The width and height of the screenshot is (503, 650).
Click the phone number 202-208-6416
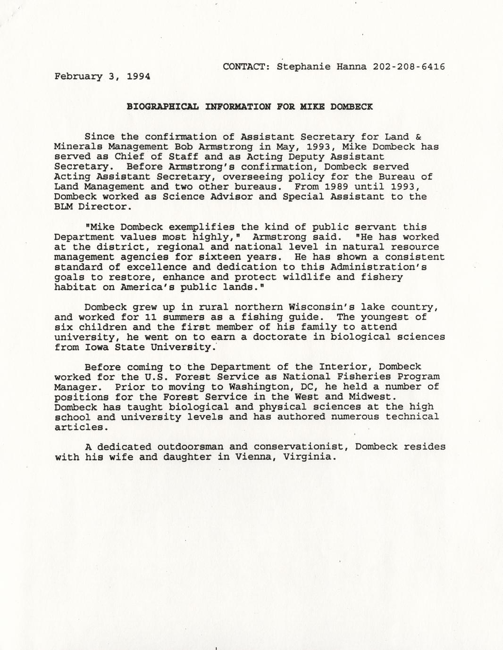point(409,66)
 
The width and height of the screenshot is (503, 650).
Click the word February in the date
point(78,76)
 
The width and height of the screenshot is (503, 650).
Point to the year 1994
point(139,76)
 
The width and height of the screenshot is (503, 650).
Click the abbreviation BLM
point(63,206)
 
